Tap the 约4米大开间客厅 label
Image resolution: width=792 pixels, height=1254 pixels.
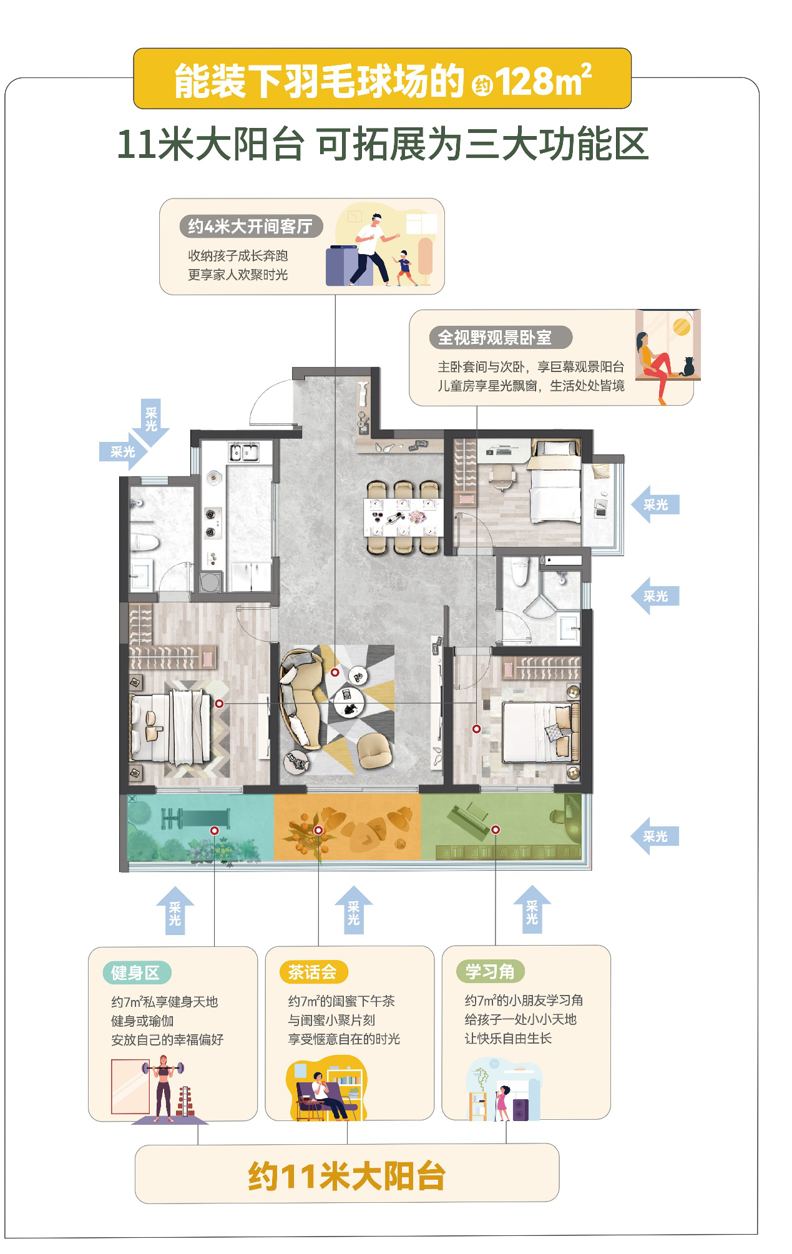(x=250, y=226)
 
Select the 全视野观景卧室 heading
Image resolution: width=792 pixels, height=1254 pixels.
(x=495, y=338)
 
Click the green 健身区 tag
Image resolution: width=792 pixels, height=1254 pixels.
(x=136, y=972)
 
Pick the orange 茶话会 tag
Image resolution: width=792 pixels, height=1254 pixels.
(x=313, y=972)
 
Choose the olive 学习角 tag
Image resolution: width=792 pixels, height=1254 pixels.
(x=490, y=971)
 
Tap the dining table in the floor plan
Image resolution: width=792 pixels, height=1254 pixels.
(x=404, y=517)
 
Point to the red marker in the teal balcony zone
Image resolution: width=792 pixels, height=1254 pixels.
(x=214, y=831)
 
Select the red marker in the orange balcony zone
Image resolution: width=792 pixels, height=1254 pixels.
(x=318, y=830)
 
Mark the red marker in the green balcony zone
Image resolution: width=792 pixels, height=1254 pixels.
(x=496, y=830)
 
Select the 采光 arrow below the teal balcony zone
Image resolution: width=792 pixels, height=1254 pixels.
(x=175, y=911)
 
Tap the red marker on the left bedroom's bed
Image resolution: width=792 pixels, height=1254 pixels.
(x=219, y=703)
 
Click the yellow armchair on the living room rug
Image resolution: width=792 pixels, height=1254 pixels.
(x=376, y=750)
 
